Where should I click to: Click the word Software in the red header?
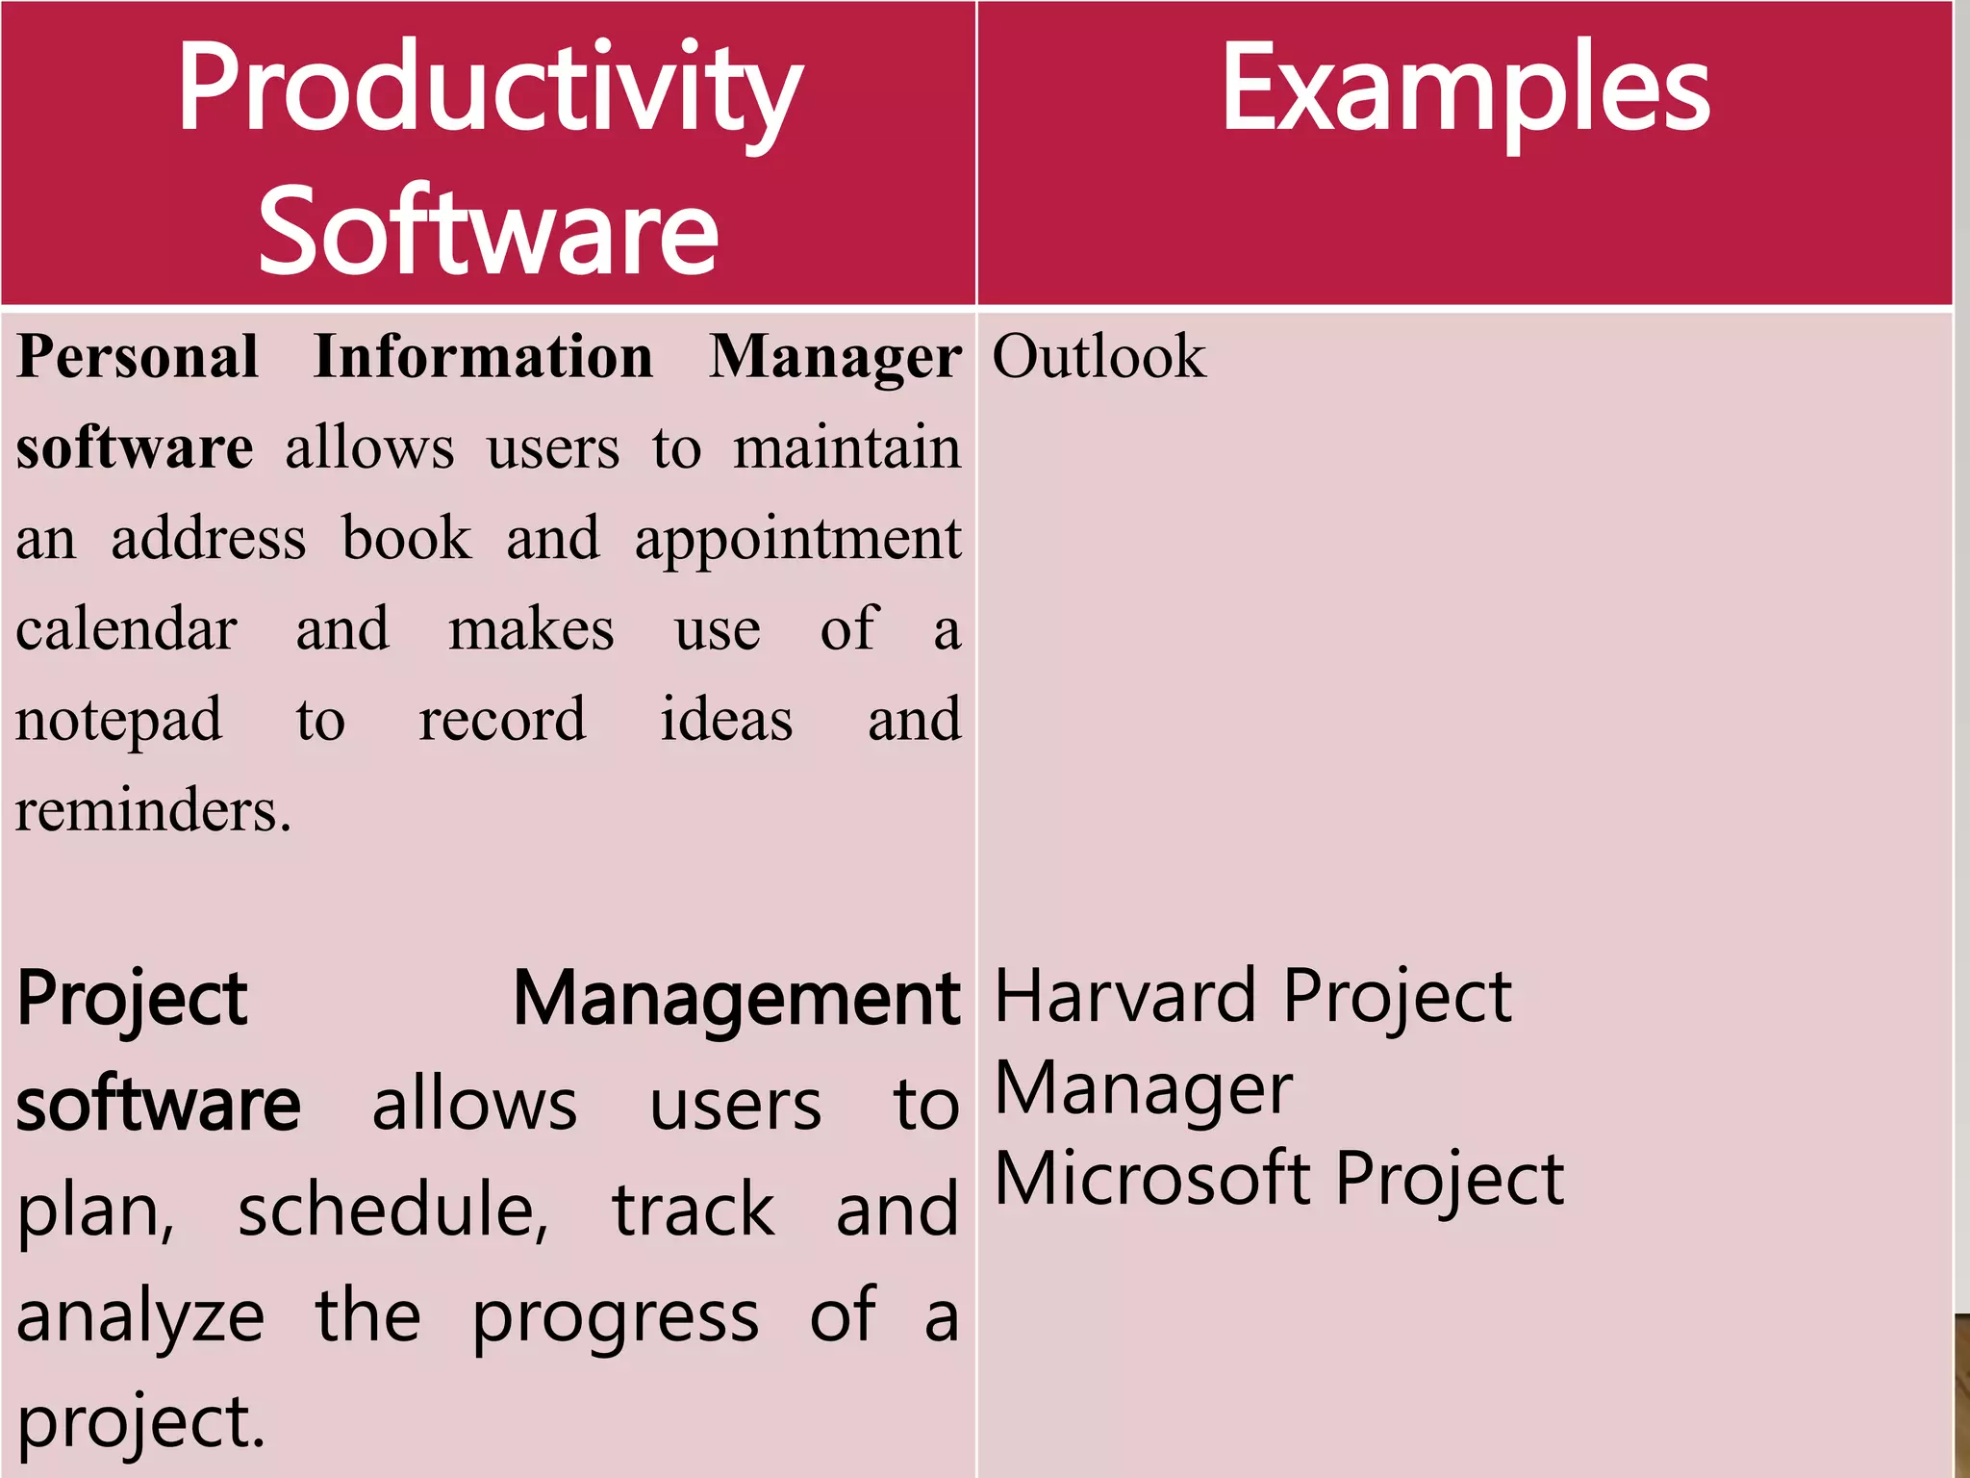489,231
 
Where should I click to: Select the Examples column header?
1464,91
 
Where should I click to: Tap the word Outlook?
1099,356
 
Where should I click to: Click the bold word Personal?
138,356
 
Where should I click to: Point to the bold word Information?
484,356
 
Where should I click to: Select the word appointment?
797,539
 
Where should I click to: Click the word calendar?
126,629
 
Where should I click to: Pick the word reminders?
152,810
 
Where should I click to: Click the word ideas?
726,720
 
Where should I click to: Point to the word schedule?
392,1210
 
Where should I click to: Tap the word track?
693,1210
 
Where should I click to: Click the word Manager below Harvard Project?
1143,1090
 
